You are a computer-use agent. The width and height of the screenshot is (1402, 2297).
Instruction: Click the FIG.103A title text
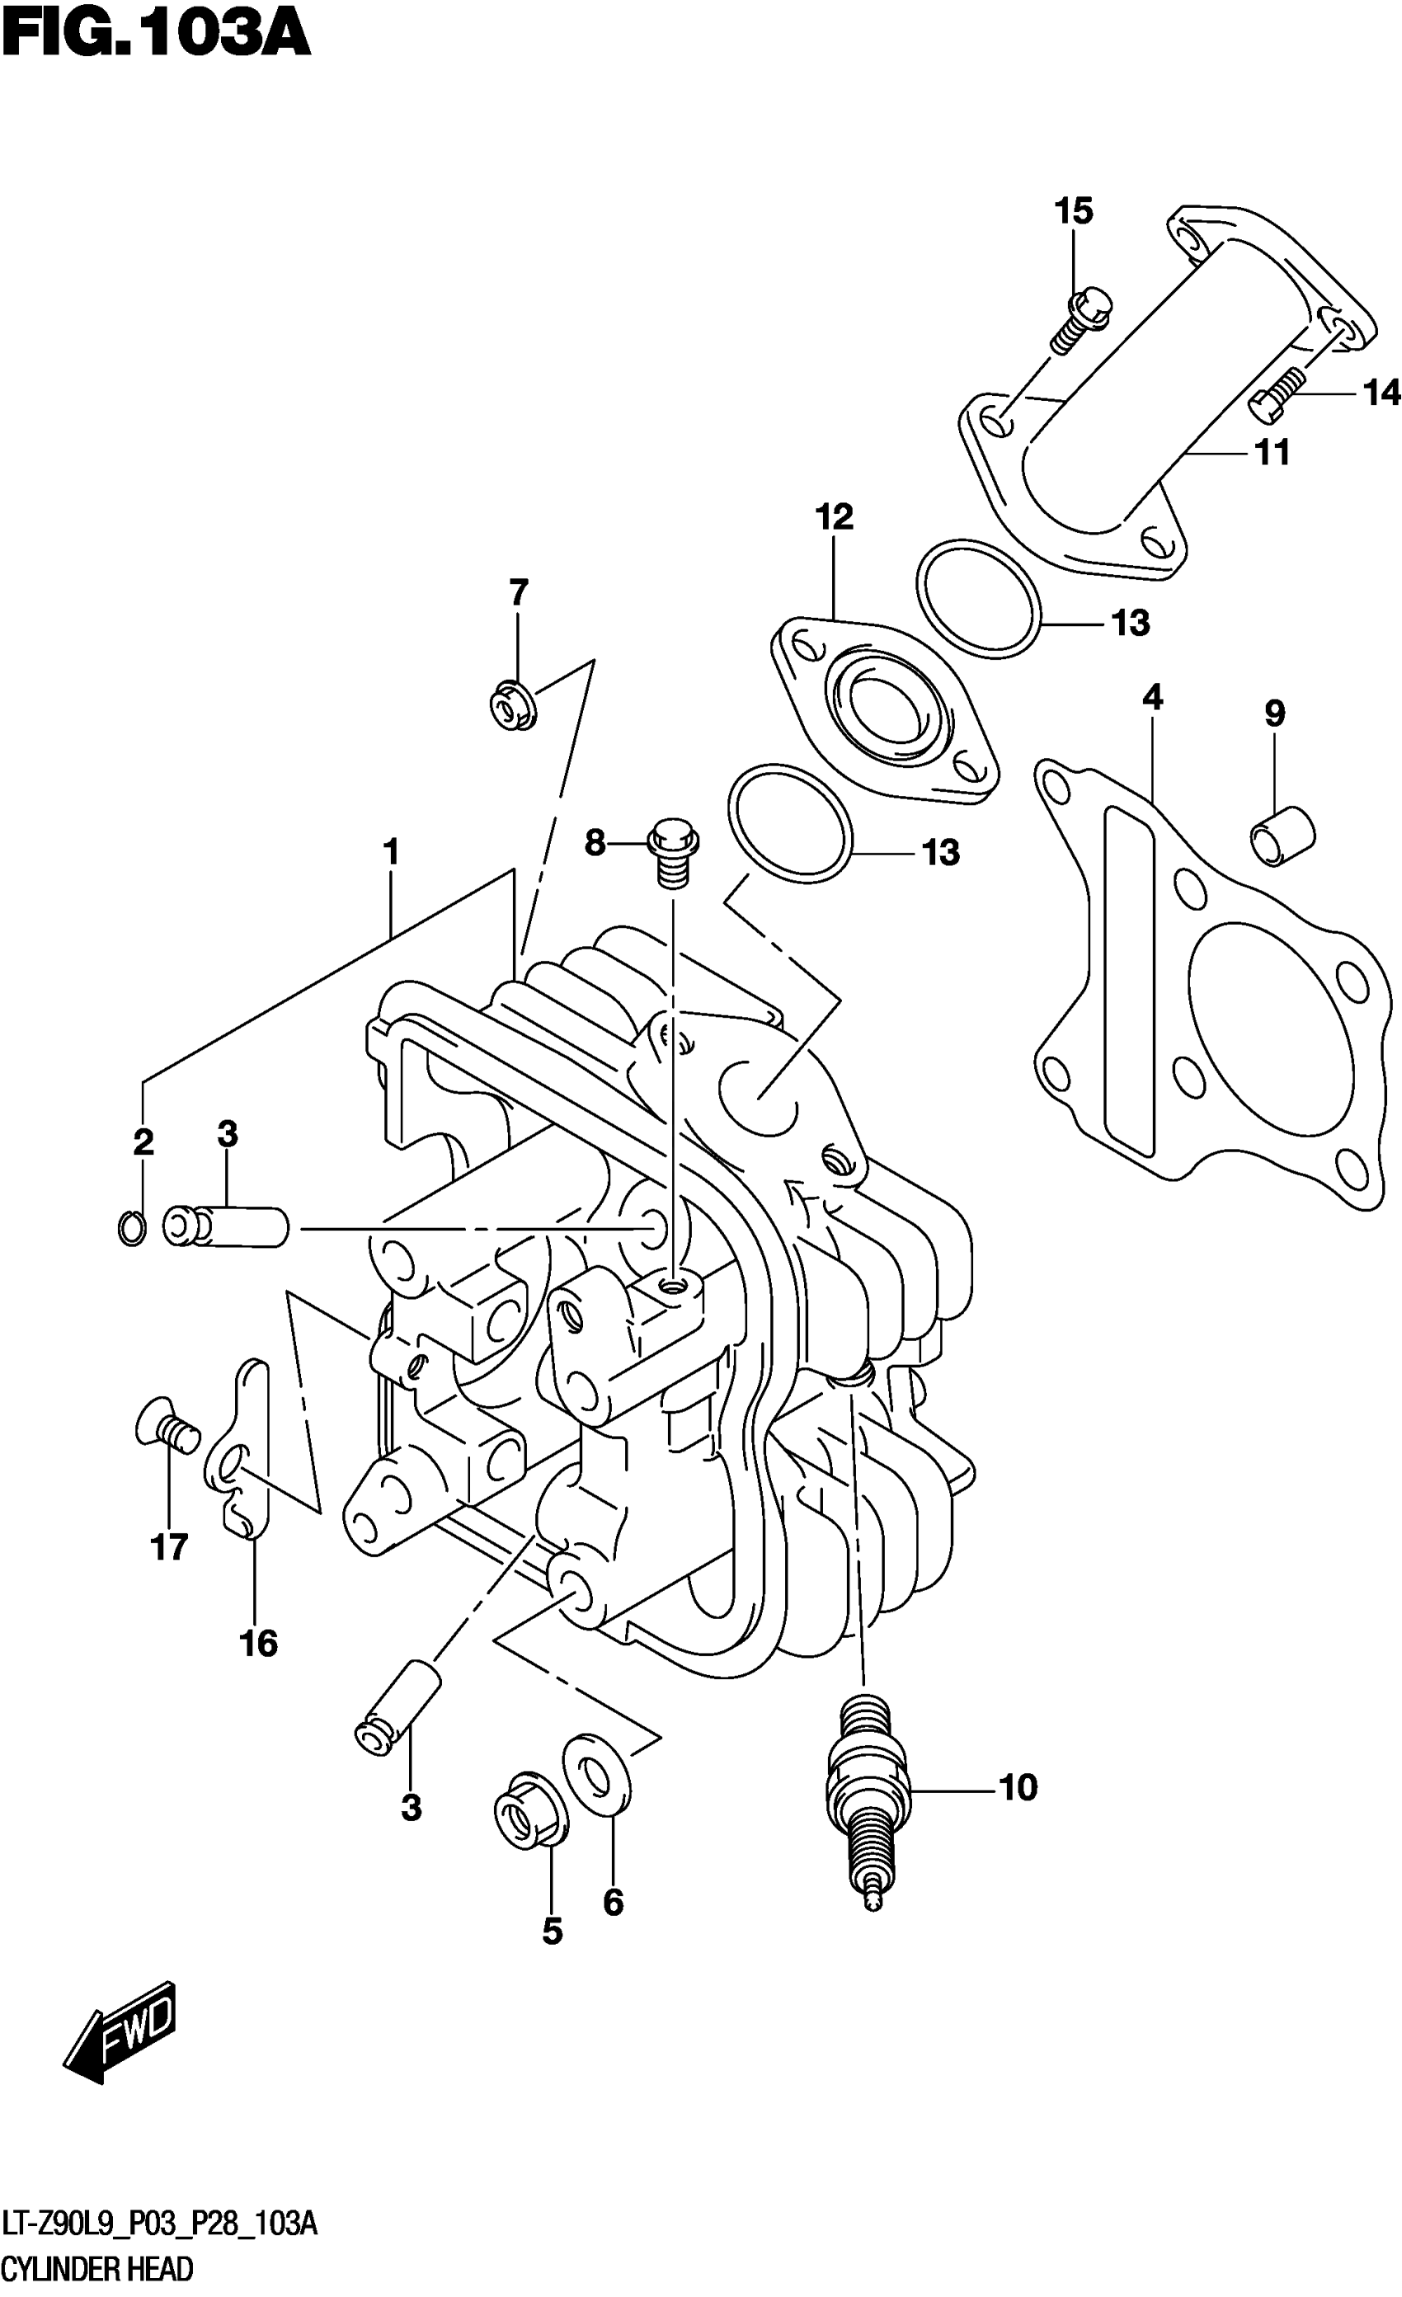pos(156,37)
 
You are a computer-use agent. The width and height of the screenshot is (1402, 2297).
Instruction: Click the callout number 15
pos(1073,212)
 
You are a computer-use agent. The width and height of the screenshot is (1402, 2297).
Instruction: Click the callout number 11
pos(1272,453)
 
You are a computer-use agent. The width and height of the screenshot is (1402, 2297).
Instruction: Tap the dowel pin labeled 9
pos(1282,837)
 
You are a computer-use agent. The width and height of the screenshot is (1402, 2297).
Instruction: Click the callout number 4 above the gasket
pos(1152,696)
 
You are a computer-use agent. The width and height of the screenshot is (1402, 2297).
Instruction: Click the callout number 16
pos(258,1643)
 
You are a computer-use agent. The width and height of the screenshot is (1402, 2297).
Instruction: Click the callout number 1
pos(391,851)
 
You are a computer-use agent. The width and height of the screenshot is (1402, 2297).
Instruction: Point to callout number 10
pos(1017,1788)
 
